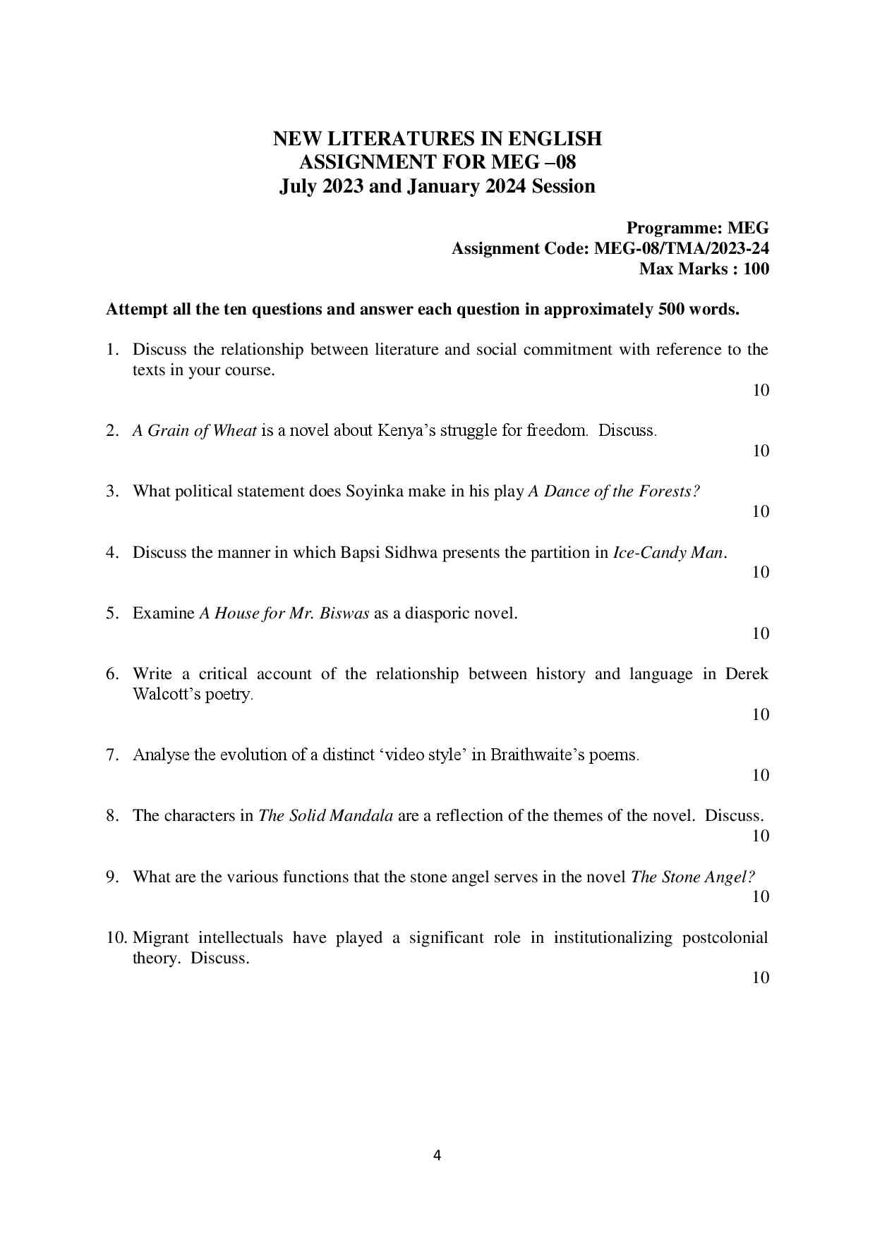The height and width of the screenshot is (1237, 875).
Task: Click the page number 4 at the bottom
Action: (437, 1155)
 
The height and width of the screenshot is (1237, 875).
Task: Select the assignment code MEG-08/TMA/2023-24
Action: (682, 248)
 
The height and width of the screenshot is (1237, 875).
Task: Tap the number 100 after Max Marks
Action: (756, 269)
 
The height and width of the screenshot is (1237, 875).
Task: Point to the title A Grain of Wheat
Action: (194, 430)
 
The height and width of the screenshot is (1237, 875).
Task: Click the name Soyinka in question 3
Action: (374, 491)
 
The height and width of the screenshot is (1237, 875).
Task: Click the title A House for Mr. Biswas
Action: (284, 613)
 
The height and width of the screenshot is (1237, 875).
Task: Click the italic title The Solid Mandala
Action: (326, 815)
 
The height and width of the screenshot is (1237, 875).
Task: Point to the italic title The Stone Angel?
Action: (693, 877)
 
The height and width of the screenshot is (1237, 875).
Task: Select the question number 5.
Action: (112, 613)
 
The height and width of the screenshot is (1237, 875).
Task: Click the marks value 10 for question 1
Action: (760, 390)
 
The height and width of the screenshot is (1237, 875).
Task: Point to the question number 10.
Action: (116, 937)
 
